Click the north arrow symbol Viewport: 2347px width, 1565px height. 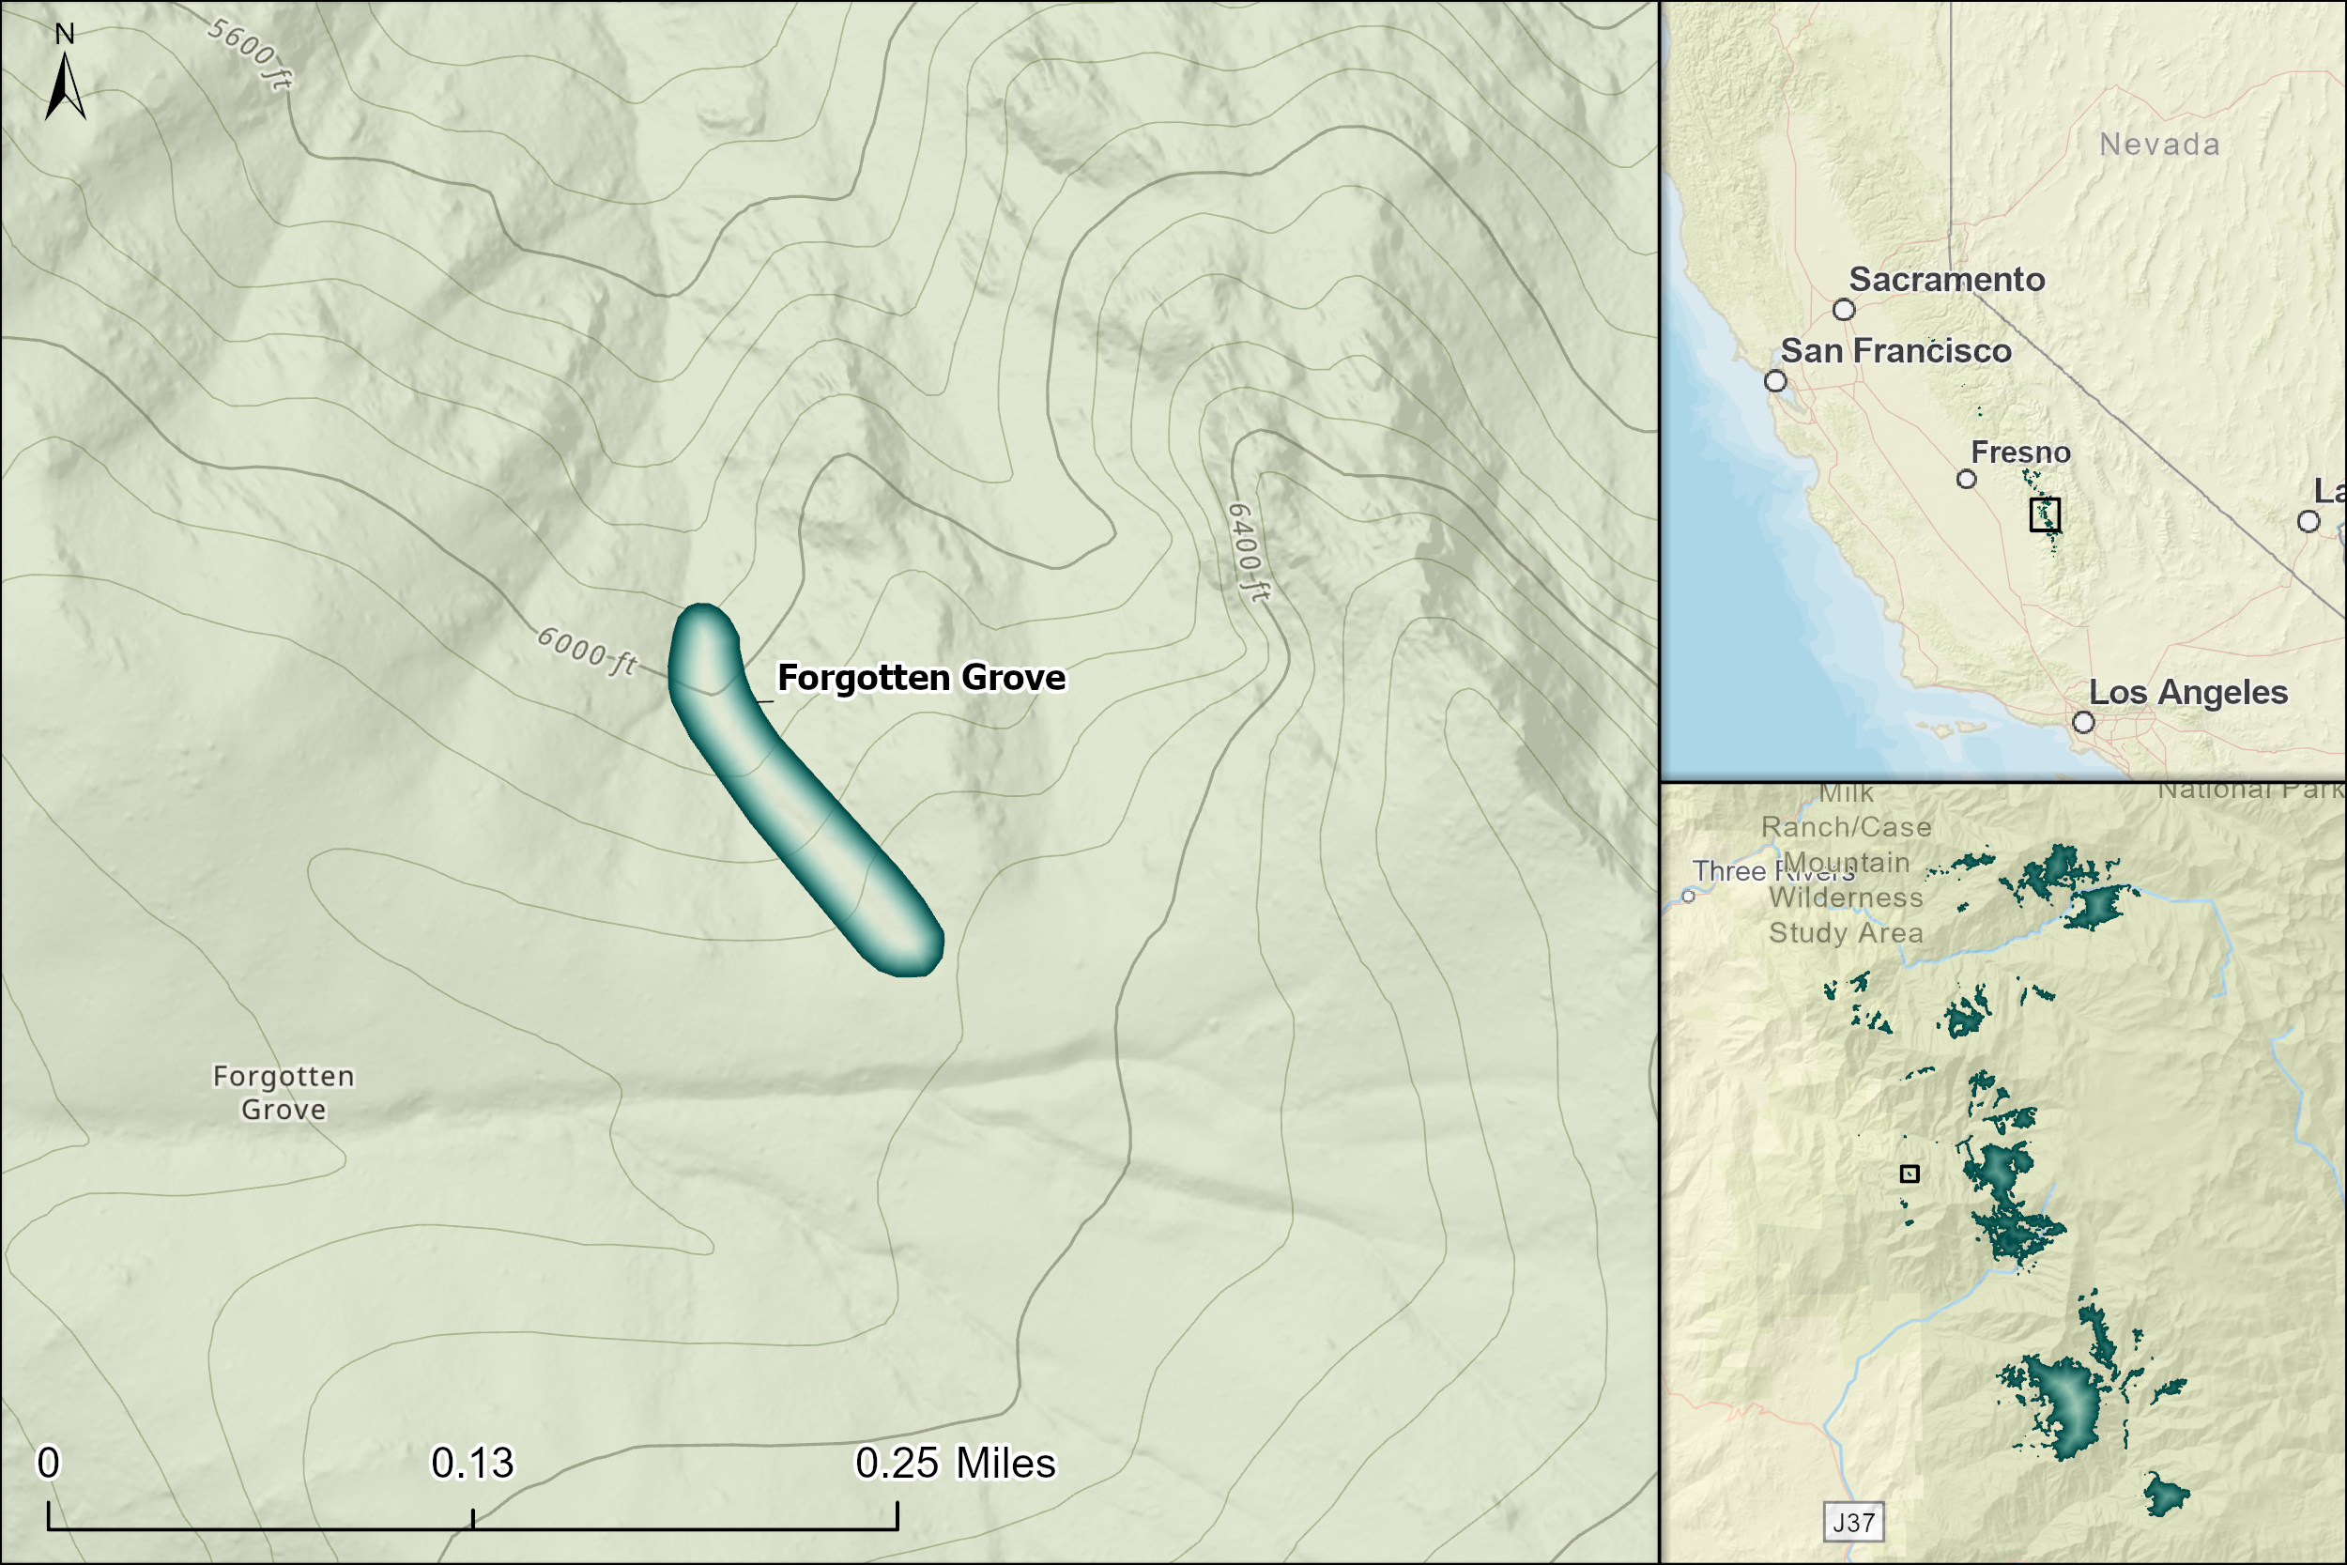65,85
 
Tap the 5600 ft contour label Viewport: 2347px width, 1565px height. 251,54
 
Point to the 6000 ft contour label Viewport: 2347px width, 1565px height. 587,651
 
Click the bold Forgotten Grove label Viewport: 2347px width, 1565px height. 921,678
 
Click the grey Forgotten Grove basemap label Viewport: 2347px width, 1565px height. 284,1092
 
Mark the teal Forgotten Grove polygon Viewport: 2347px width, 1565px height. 798,789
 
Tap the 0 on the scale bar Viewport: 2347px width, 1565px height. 48,1464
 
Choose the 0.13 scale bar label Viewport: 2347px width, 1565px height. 472,1464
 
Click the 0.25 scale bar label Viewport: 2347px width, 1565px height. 897,1464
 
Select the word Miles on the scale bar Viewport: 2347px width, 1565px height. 1005,1464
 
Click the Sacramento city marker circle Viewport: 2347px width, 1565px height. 1844,310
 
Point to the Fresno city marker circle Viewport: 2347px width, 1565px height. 1966,479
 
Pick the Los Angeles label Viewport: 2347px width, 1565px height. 2187,693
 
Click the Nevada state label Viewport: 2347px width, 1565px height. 2159,145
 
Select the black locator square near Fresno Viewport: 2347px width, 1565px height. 2045,514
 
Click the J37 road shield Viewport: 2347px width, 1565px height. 1853,1522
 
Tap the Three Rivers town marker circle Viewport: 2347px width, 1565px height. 1688,897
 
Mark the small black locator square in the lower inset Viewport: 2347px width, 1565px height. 1909,1174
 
